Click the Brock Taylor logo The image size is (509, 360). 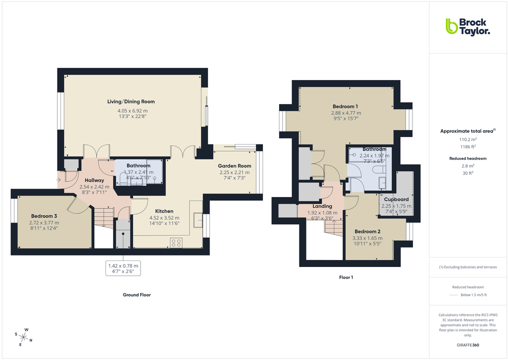[467, 26]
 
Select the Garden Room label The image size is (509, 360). [234, 166]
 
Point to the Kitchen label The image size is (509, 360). [164, 211]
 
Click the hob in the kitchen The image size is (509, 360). [176, 242]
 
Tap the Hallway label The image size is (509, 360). [94, 180]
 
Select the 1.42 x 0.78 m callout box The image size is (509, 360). [123, 268]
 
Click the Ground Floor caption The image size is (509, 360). [136, 295]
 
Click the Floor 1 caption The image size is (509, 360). [346, 277]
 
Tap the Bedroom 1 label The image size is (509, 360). [345, 106]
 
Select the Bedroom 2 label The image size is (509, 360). [367, 231]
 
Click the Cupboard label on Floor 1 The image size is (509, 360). [396, 199]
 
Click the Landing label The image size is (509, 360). [322, 206]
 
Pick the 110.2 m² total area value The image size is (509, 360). [468, 140]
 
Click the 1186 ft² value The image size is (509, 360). [468, 147]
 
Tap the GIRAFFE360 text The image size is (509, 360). [468, 345]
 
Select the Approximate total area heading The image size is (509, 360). [467, 131]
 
